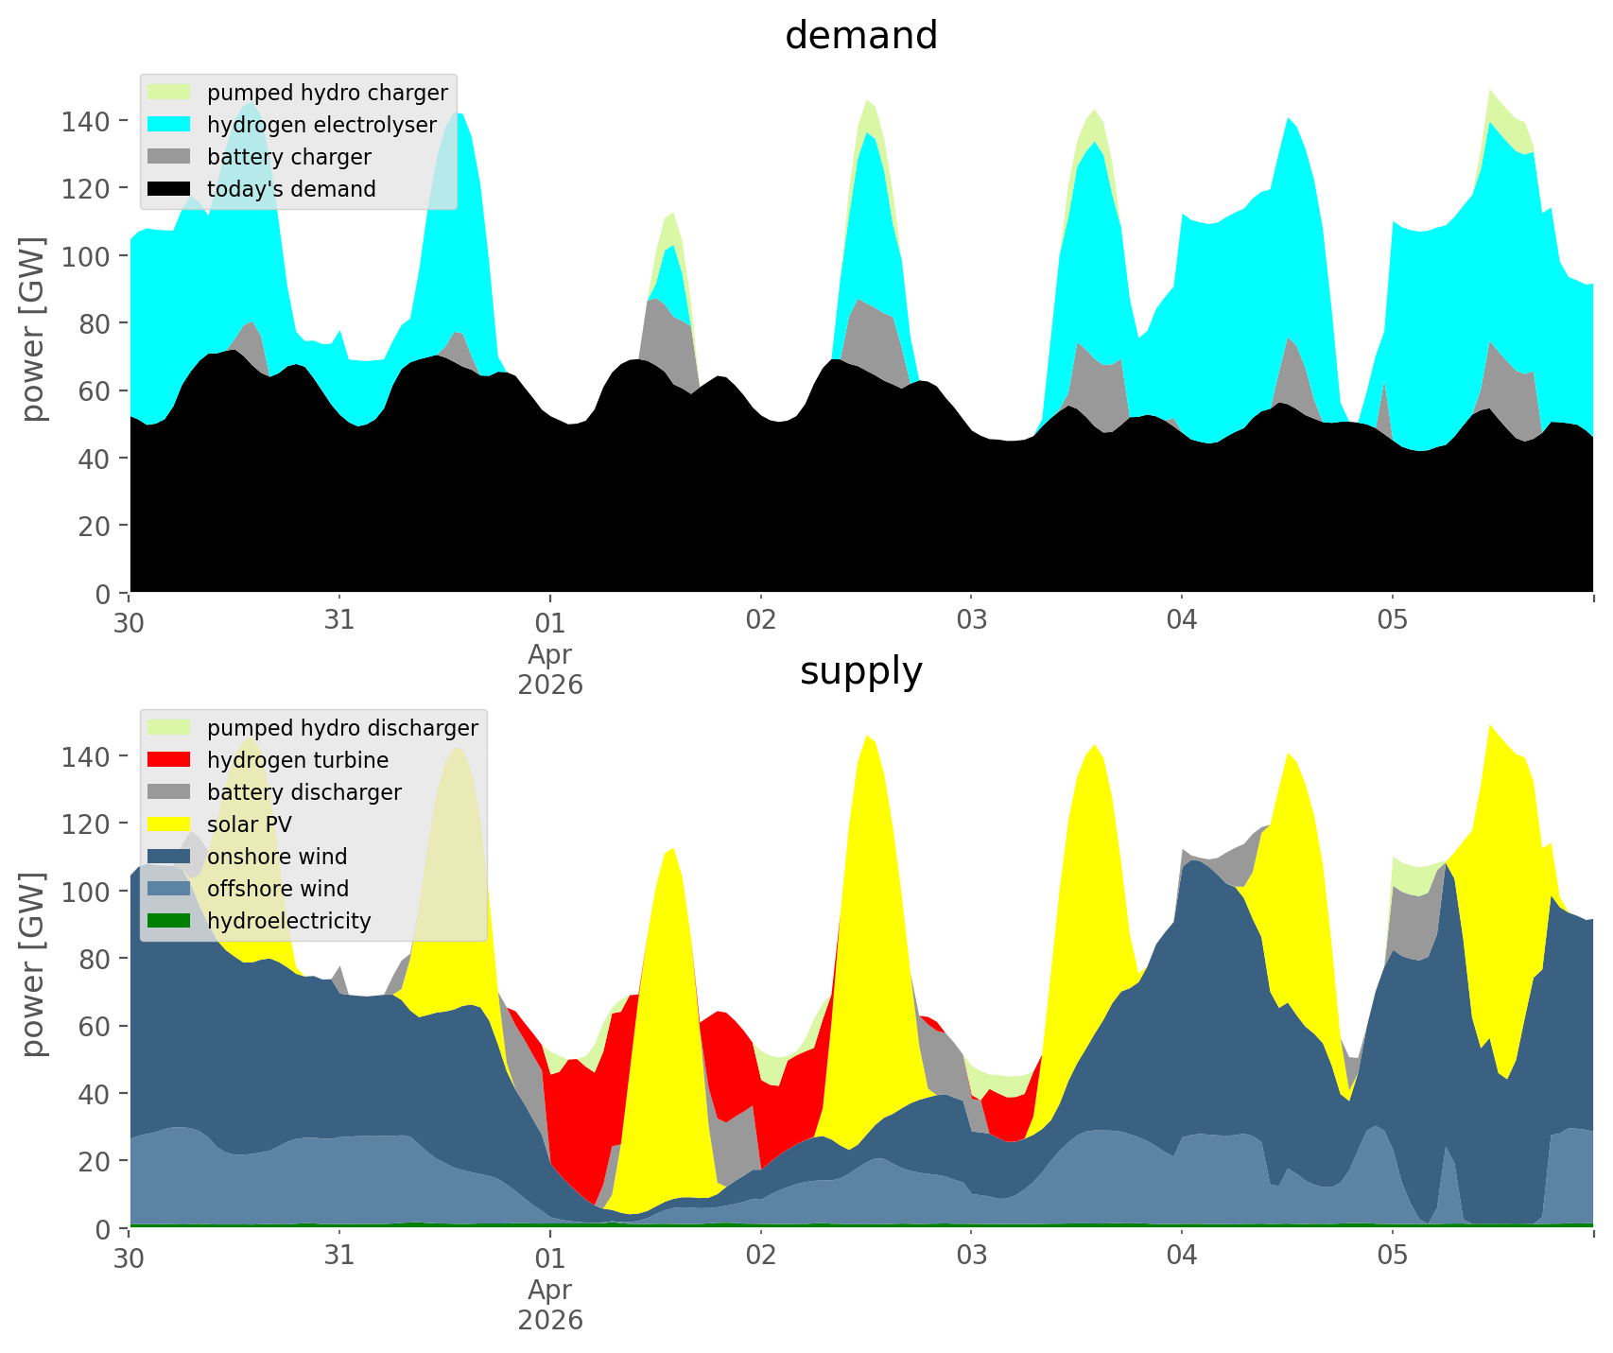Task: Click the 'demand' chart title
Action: click(x=860, y=36)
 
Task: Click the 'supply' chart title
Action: click(x=860, y=671)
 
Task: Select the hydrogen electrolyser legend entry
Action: click(x=321, y=125)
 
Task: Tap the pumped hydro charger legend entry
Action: click(x=327, y=93)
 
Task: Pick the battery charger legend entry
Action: click(x=288, y=157)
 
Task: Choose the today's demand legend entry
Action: click(x=291, y=189)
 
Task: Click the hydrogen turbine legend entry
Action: click(x=298, y=760)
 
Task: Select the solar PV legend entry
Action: click(x=250, y=824)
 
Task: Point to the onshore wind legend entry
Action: click(x=277, y=857)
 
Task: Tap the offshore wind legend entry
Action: click(x=278, y=889)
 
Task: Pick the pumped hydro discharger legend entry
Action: click(x=342, y=728)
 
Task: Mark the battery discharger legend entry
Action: click(x=304, y=792)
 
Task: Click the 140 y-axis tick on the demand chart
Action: click(x=85, y=121)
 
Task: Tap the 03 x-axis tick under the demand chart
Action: click(x=971, y=621)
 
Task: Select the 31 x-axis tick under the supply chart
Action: click(x=338, y=1257)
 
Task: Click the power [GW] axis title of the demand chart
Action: click(x=33, y=329)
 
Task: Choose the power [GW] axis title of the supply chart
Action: click(x=33, y=964)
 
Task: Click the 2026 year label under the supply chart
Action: click(x=549, y=1320)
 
